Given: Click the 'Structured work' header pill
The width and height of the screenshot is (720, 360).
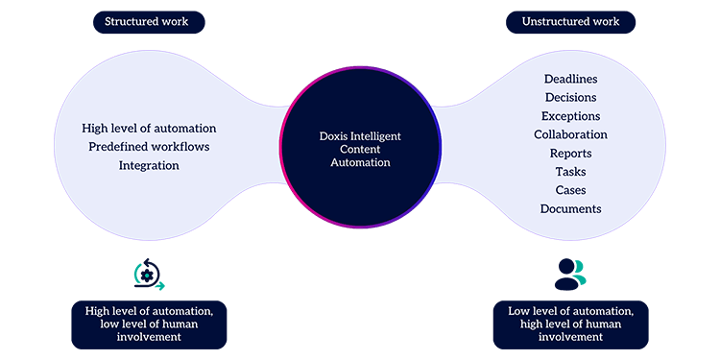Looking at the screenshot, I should coord(149,22).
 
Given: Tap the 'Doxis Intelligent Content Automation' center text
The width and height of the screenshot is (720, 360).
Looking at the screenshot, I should coord(360,150).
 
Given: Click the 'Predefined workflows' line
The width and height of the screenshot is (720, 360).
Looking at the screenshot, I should coord(149,147).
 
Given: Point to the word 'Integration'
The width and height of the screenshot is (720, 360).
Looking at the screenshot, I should coord(149,165).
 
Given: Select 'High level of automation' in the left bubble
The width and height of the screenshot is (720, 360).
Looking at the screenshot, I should coord(149,128).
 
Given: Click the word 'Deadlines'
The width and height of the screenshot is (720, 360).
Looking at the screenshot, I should coord(570,79).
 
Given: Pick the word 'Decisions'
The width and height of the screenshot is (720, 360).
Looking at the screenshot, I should coord(570,97).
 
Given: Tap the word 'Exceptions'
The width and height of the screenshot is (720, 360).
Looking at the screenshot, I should coord(570,116).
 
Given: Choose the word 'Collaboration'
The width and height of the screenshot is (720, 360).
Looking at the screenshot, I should coord(570,134).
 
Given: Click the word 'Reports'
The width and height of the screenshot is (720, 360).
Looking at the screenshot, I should coord(570,154).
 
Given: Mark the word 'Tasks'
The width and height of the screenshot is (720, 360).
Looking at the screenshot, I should coord(570,172).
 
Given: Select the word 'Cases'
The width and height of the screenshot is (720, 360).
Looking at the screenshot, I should coord(570,190).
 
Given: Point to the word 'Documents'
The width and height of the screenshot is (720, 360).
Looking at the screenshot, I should coord(570,209).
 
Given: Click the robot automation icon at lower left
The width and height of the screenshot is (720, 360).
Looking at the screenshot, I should coord(149,275).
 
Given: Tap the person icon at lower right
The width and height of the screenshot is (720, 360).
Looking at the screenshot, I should coord(569,275).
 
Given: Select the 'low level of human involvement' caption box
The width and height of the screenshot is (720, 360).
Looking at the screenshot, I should coord(149,324).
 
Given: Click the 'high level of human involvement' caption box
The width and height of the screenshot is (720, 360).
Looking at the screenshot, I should coord(570,324).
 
